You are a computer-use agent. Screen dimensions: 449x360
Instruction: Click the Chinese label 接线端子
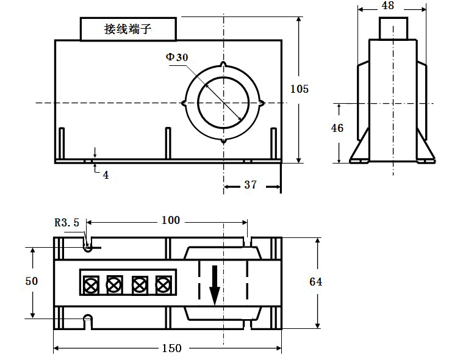pos(128,29)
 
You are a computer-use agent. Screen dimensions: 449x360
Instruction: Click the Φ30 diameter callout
pos(177,57)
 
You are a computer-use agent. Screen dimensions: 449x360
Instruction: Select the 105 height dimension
pos(300,89)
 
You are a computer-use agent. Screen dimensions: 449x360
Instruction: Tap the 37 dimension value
pos(251,185)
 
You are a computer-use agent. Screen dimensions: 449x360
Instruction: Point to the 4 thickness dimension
pos(106,175)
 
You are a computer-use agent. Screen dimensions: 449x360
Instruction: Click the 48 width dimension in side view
pos(388,5)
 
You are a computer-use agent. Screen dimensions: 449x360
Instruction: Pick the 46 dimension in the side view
pos(337,128)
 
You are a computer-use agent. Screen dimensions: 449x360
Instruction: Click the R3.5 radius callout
pos(66,223)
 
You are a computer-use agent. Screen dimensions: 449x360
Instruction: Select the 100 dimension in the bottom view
pos(171,220)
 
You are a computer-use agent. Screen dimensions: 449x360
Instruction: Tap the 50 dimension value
pos(32,281)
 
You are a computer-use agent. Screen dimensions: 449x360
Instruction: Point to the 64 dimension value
pos(315,282)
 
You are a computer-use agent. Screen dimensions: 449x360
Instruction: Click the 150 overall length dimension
pos(172,348)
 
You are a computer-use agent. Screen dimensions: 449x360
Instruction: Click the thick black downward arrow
pos(215,286)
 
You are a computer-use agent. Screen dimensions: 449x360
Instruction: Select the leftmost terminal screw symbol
pos(91,285)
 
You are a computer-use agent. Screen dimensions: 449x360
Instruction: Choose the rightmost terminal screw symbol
pos(163,285)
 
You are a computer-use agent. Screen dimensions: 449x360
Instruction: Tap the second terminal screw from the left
pos(115,285)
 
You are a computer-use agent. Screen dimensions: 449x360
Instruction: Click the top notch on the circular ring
pos(223,64)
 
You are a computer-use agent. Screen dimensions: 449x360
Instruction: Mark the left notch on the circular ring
pos(184,103)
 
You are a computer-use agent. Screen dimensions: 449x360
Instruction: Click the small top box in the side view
pos(393,28)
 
